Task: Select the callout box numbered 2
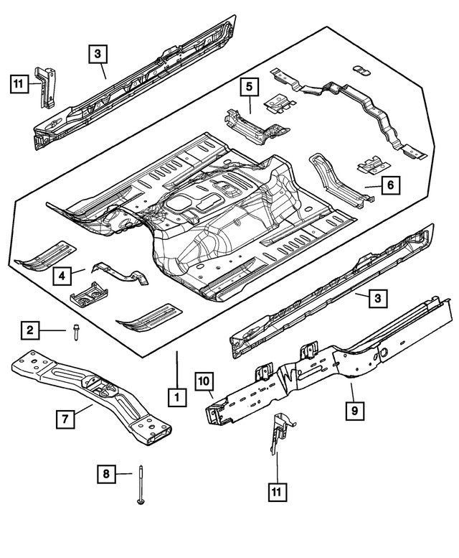pyautogui.click(x=30, y=330)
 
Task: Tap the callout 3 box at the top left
pyautogui.click(x=99, y=52)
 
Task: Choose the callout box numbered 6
pyautogui.click(x=389, y=185)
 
